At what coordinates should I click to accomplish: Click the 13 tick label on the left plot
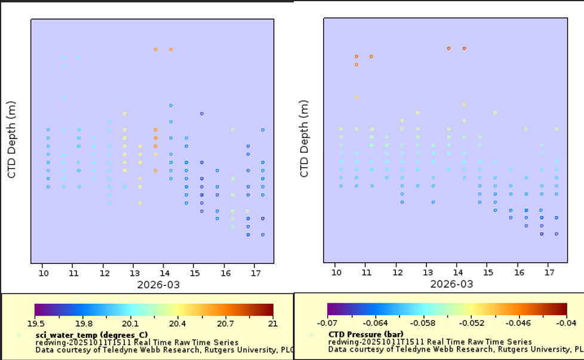point(135,273)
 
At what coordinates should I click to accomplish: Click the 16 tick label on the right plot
point(519,272)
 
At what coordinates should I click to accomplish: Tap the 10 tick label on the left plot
point(44,273)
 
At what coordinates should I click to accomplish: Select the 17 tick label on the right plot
point(549,272)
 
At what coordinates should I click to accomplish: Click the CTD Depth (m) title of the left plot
point(11,140)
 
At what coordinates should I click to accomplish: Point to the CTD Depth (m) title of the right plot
point(305,139)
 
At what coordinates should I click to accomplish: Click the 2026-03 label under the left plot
point(158,285)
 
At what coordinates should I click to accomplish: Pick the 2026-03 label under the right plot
point(451,284)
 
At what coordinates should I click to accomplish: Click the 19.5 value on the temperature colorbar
point(36,324)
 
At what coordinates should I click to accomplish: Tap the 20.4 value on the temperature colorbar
point(177,324)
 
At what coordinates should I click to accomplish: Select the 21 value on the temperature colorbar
point(273,324)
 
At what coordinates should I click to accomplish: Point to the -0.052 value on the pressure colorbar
point(472,323)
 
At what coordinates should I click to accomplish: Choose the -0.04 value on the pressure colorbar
point(566,323)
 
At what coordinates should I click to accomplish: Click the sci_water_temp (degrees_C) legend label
point(91,335)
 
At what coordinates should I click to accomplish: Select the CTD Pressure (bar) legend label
point(365,334)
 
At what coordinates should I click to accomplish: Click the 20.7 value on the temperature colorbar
point(225,324)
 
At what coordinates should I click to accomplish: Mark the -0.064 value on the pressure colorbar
point(375,323)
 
